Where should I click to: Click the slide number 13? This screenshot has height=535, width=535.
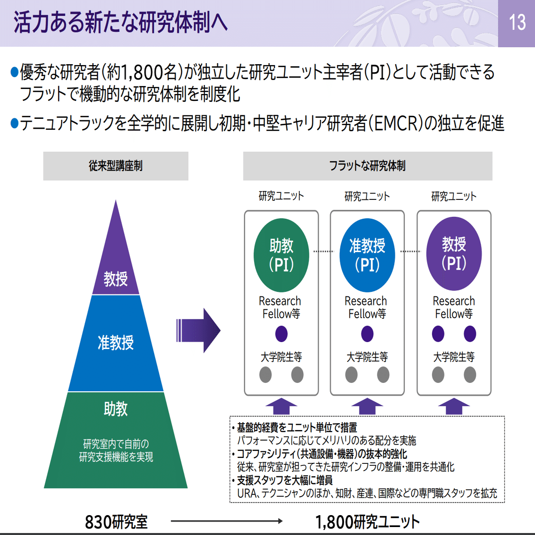(x=517, y=22)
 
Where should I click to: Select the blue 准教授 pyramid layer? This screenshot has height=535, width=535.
(x=116, y=343)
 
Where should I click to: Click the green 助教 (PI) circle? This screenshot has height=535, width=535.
(x=281, y=254)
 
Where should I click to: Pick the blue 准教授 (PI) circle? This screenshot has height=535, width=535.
(x=367, y=254)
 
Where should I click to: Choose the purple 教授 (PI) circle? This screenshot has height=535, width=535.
(x=454, y=254)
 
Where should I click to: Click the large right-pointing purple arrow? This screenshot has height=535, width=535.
(x=198, y=330)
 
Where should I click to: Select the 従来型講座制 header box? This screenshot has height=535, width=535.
(x=116, y=166)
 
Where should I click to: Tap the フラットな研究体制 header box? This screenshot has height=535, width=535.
(x=367, y=166)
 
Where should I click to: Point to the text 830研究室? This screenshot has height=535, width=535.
(x=116, y=522)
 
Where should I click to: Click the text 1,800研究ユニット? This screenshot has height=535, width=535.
(x=367, y=522)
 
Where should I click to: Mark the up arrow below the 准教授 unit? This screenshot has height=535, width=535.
(x=367, y=406)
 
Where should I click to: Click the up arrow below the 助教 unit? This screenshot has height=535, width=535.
(x=281, y=406)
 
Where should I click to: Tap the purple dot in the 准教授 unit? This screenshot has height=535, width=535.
(x=367, y=334)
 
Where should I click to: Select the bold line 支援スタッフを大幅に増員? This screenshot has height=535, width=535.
(x=285, y=481)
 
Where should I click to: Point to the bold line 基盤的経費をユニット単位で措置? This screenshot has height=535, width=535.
(x=297, y=428)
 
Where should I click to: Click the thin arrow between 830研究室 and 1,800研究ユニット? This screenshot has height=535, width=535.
(x=226, y=522)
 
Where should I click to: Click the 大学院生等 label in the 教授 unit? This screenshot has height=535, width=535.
(x=454, y=357)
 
